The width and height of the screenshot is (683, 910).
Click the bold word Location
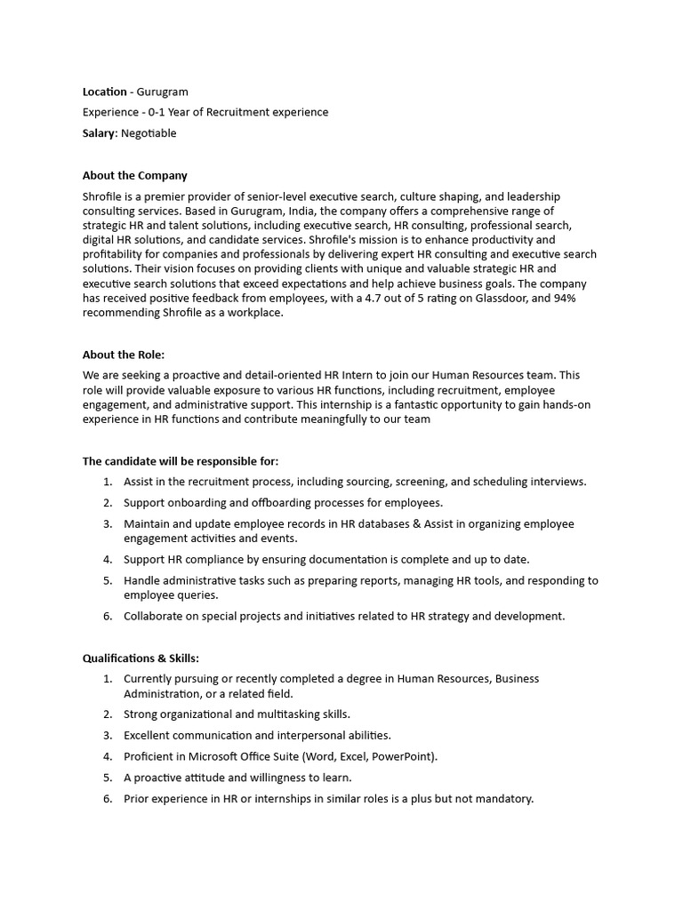point(105,92)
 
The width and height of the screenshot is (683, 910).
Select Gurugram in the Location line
point(163,92)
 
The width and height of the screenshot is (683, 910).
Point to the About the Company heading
point(134,175)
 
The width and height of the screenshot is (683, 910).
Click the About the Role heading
point(124,355)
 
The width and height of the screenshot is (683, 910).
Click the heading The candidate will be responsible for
point(181,461)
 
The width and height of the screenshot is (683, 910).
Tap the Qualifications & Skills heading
point(141,659)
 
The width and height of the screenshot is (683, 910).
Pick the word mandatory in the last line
point(502,799)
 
